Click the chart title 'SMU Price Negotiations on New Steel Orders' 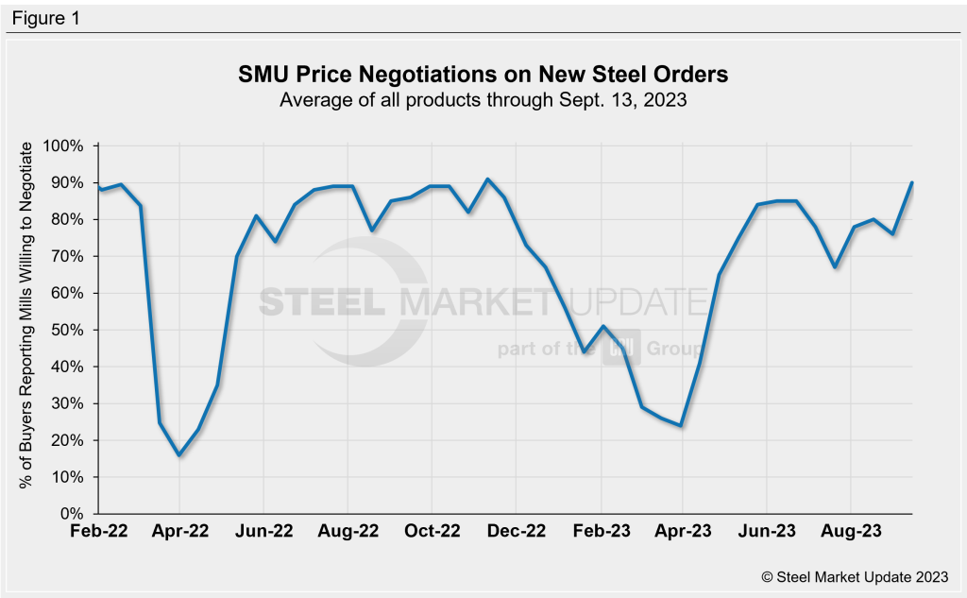tap(483, 75)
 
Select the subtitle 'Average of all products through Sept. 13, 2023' tap(483, 99)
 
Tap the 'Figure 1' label tap(46, 17)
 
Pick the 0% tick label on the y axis tap(74, 514)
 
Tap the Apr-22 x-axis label tap(179, 533)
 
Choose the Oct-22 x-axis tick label tap(432, 533)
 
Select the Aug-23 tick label tap(851, 533)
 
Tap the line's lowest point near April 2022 tap(179, 454)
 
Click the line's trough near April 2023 tap(681, 425)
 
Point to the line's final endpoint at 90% tap(912, 182)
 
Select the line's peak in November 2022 tap(487, 179)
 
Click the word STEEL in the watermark tap(321, 302)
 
